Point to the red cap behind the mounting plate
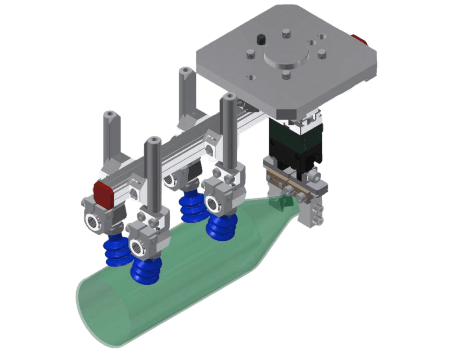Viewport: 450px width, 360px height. [360, 40]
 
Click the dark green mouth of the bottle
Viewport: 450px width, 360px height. [279, 203]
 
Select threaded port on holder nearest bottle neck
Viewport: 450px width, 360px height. [213, 203]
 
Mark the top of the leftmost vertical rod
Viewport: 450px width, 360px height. [110, 115]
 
